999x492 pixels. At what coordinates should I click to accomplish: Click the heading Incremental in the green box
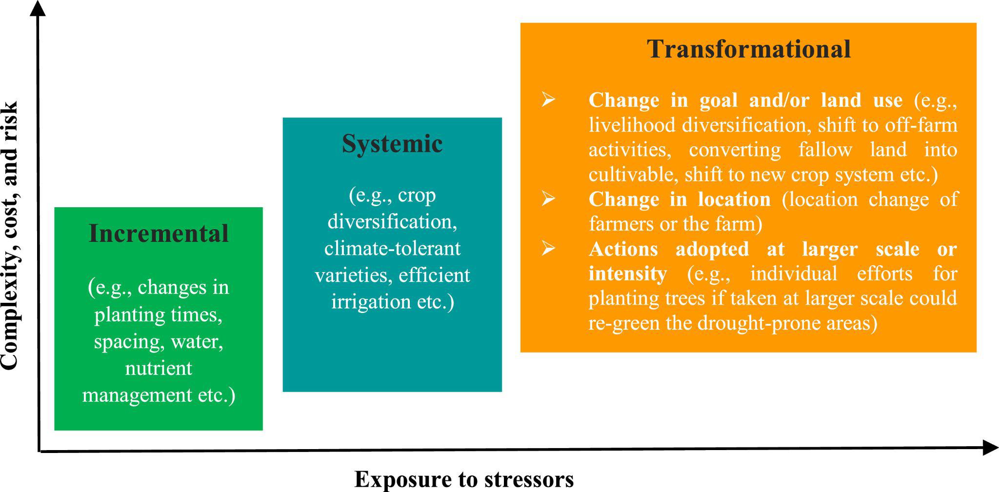(159, 234)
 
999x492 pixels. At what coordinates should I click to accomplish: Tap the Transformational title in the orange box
(749, 49)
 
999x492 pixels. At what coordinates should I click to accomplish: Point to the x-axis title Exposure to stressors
(464, 479)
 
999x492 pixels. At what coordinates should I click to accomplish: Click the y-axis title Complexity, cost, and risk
(10, 235)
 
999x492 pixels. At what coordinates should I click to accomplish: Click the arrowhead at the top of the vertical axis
(38, 7)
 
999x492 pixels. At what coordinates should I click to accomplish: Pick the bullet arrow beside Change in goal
(548, 100)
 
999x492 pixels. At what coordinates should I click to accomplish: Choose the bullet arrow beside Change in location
(548, 199)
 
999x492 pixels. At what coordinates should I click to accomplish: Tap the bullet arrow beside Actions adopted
(548, 249)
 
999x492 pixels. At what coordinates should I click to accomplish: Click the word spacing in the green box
(127, 342)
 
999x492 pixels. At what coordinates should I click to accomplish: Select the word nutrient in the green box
(159, 368)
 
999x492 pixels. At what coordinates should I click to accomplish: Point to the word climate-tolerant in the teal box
(392, 248)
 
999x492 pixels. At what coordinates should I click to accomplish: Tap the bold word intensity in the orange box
(627, 274)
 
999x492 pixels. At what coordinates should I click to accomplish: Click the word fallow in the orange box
(825, 149)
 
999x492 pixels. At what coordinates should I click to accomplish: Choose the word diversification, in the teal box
(392, 222)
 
